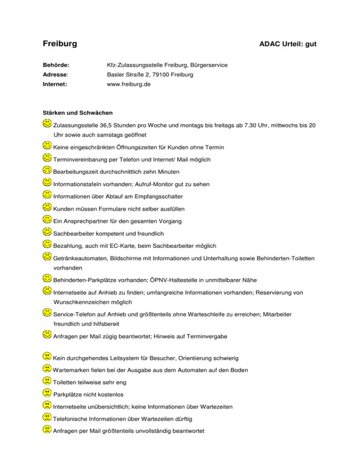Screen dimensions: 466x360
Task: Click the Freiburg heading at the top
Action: click(60, 45)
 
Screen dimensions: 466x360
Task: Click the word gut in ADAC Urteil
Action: click(311, 45)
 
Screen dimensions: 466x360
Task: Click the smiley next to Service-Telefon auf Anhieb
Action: click(47, 311)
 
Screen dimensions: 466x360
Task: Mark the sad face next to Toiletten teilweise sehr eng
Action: click(47, 381)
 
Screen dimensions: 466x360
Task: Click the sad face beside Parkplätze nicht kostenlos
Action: click(47, 392)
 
